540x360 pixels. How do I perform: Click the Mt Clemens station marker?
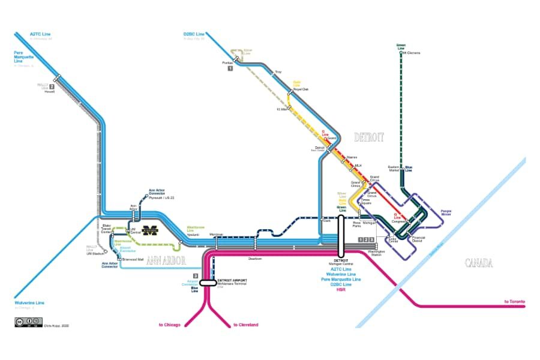click(400, 53)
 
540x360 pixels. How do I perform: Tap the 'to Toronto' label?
click(514, 301)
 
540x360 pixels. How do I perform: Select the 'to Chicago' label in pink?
click(170, 325)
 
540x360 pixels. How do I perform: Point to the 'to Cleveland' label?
click(245, 325)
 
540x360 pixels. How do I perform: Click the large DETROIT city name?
click(368, 137)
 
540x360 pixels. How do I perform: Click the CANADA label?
click(478, 263)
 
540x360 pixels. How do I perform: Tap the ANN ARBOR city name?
click(166, 260)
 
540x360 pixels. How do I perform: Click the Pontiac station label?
click(227, 62)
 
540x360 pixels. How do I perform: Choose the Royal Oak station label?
click(301, 89)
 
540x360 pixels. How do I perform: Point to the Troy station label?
click(278, 72)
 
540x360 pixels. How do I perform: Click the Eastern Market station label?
click(394, 168)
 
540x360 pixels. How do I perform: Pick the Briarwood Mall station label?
click(133, 259)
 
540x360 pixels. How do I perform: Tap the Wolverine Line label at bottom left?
click(29, 302)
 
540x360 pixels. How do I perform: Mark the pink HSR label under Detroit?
click(341, 289)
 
